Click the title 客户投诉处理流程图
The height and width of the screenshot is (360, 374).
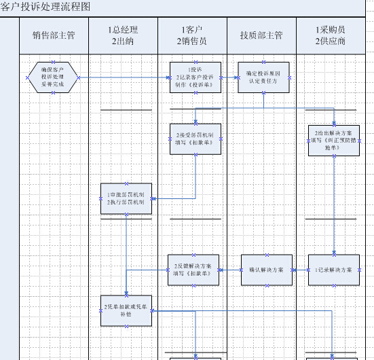pos(44,6)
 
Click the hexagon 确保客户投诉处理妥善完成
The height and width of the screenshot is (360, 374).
pos(54,77)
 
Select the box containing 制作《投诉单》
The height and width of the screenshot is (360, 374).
pos(195,77)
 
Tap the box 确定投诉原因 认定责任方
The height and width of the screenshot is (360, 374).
pos(263,77)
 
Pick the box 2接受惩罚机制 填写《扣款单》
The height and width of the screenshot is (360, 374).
pos(195,139)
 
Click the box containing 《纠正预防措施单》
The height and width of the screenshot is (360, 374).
pos(333,139)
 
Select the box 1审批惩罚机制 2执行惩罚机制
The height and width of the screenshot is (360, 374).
pos(126,198)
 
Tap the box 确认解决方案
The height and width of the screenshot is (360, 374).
pos(266,270)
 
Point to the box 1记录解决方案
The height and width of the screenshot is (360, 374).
pos(333,270)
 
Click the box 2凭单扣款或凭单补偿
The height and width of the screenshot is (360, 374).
pos(126,310)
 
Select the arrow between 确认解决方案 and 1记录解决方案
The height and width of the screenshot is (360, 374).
pos(300,270)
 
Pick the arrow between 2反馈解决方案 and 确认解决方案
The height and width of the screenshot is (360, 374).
pos(231,270)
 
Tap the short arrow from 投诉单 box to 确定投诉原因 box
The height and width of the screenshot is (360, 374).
pos(229,78)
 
